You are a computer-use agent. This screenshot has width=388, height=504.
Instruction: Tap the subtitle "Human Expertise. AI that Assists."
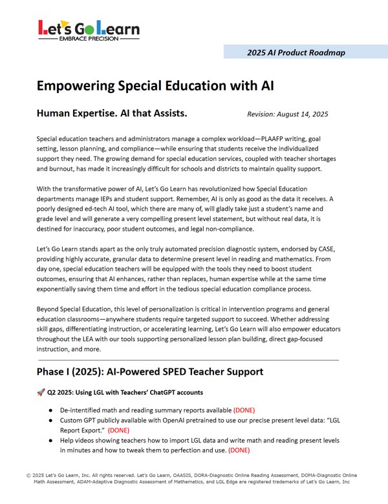pos(112,114)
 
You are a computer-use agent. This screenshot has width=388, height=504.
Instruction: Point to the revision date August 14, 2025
pos(287,114)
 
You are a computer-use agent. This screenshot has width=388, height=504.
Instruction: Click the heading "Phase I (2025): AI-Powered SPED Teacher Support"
pos(150,372)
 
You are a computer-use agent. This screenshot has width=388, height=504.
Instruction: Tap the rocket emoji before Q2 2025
pos(41,392)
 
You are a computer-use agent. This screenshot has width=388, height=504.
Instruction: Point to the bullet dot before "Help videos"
pos(50,440)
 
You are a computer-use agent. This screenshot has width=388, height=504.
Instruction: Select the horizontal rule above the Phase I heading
pos(188,359)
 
